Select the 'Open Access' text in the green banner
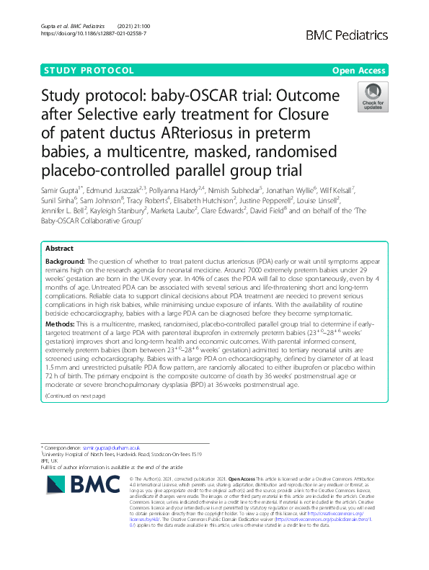pos(359,71)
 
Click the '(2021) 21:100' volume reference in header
pos(160,26)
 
